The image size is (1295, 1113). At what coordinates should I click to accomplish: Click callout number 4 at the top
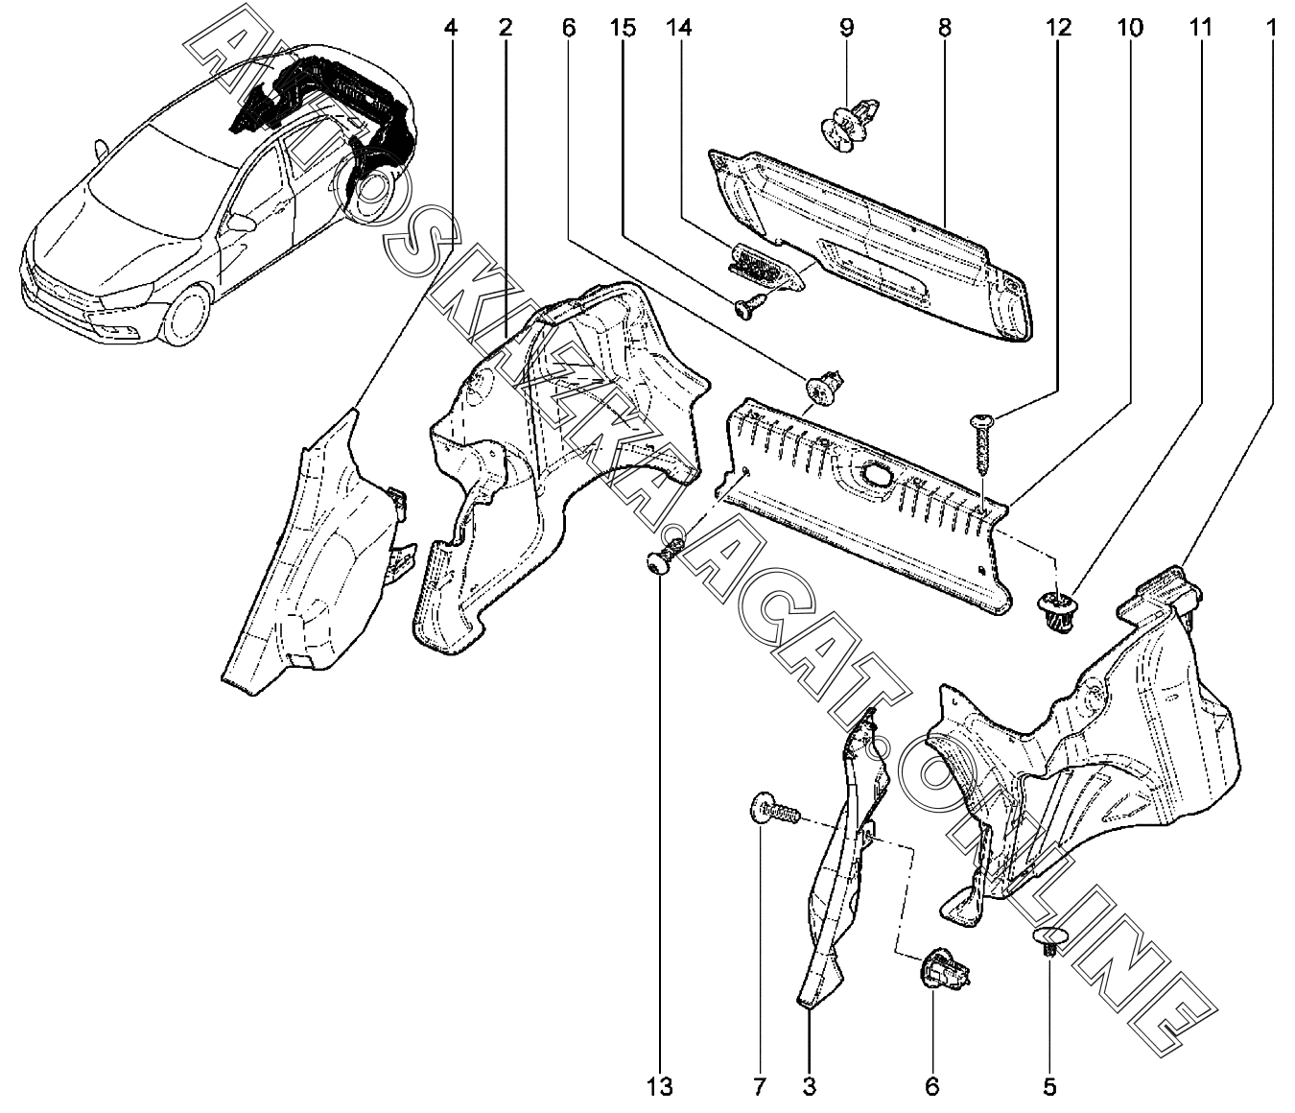451,28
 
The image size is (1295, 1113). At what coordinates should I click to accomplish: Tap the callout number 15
623,28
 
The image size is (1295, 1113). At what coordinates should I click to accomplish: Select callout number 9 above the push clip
846,28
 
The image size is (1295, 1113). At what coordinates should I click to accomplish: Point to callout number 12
1058,28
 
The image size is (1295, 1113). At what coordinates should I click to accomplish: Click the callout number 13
660,1087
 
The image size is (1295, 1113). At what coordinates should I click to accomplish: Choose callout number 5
1048,1087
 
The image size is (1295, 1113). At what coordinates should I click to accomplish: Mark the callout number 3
809,1087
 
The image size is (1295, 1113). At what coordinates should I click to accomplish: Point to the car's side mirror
243,225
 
